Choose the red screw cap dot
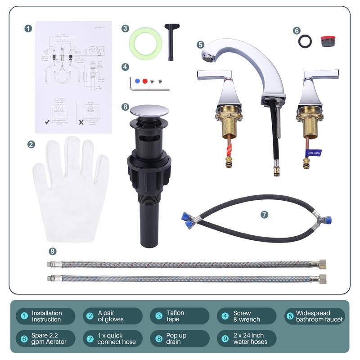coord(144,81)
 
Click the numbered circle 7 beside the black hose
coord(264,215)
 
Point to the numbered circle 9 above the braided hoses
coord(53,251)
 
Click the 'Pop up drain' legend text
coord(176,338)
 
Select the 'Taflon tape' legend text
coord(175,316)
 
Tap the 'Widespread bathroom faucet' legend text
coord(319,316)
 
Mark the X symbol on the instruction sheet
coord(81,122)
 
